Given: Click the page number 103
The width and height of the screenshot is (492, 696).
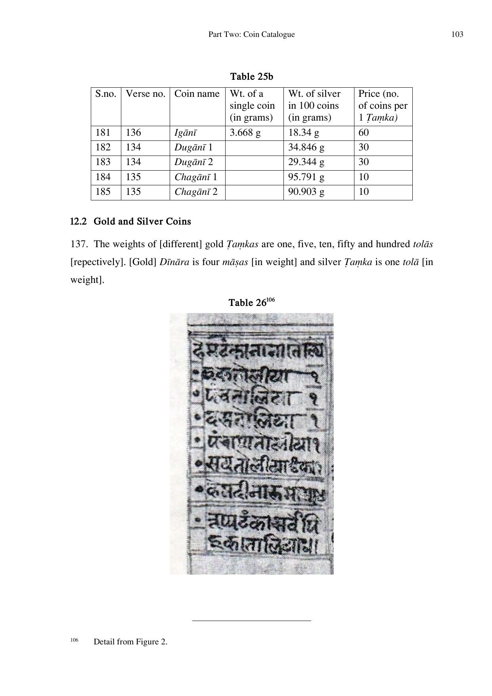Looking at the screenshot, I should [x=457, y=35].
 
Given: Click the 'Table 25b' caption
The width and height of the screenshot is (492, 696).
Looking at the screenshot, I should [x=251, y=76].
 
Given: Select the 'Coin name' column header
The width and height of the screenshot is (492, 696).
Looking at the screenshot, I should [x=197, y=94].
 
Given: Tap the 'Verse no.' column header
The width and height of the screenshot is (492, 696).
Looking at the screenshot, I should [x=145, y=94].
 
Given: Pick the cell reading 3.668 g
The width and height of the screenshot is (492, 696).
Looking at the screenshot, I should [x=245, y=133].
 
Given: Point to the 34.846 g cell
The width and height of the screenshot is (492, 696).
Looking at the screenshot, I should [x=306, y=148].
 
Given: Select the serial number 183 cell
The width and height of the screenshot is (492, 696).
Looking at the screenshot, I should [x=103, y=162].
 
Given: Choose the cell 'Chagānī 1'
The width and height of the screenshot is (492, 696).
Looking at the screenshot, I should [x=196, y=177].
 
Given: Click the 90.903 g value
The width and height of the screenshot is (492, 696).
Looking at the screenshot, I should [x=306, y=192].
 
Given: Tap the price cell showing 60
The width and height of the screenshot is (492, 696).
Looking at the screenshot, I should [x=364, y=133].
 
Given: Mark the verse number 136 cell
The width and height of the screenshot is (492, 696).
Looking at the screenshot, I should [x=133, y=133].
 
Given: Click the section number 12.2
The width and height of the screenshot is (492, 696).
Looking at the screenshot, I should [x=78, y=221].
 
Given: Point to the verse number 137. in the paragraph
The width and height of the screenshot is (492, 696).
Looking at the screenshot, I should [x=79, y=244].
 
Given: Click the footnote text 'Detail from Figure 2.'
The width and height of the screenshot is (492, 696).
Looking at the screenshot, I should [x=130, y=642].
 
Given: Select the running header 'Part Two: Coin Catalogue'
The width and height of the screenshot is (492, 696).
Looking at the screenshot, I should [x=251, y=35].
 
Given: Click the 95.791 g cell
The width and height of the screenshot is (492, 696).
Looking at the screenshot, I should [x=306, y=177].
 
